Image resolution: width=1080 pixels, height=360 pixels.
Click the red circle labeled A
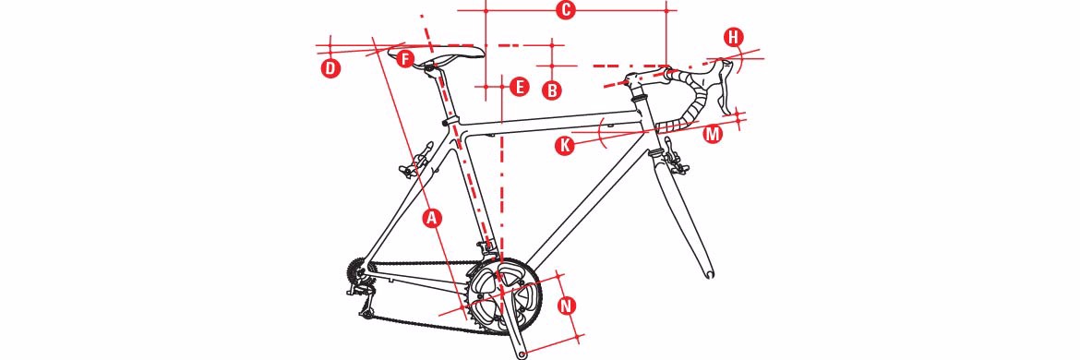coord(432,218)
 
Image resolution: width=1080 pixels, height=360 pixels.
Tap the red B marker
coord(552,90)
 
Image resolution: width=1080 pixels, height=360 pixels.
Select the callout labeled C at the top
coord(565,11)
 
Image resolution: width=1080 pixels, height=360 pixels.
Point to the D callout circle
coord(331,68)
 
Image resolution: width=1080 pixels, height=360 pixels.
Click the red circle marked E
coord(520,87)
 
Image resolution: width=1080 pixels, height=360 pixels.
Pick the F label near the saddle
coord(405,58)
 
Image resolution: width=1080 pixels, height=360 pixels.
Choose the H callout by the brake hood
coord(734,37)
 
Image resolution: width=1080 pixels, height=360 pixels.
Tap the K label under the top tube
coord(566,146)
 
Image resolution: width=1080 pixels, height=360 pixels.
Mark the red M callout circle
coord(713,134)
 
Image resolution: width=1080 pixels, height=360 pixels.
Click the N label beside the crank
coord(567,306)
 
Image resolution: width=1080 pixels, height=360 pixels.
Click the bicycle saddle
coord(437,51)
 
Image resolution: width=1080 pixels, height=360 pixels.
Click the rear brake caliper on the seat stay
coord(417,161)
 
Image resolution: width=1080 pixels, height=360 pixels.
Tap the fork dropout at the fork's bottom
coord(710,274)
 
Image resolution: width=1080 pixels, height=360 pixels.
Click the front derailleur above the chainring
coord(488,249)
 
